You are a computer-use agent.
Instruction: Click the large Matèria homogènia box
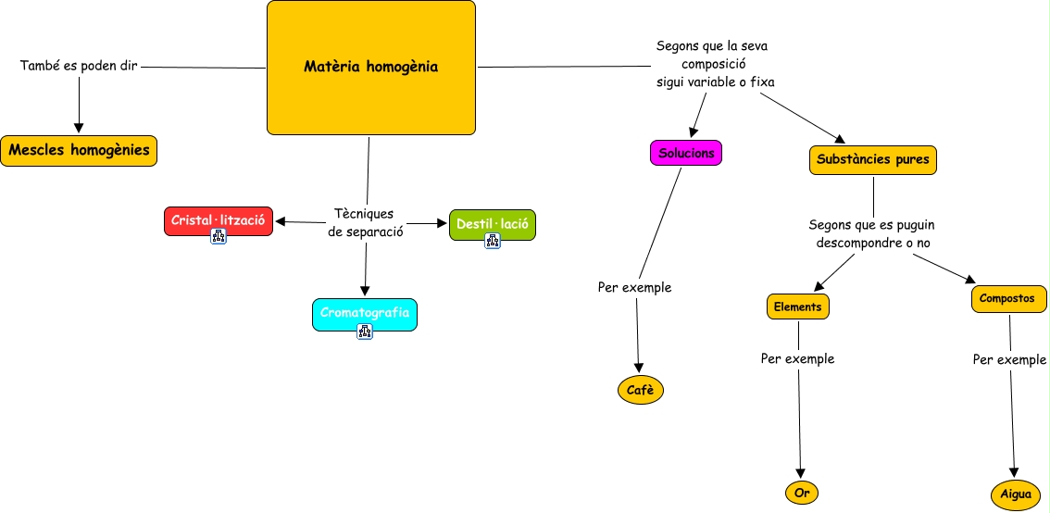tap(370, 67)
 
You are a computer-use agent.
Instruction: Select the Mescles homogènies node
tap(79, 150)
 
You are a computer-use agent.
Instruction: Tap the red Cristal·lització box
tap(219, 220)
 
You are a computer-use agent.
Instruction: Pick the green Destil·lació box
tap(492, 224)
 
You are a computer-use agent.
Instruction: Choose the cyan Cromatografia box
tap(365, 313)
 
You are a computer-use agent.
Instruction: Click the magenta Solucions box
tap(685, 153)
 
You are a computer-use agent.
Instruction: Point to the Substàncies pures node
tap(873, 159)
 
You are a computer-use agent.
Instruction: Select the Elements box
tap(797, 306)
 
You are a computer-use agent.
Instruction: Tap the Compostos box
tap(1008, 299)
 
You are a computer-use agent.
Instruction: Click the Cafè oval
tap(640, 391)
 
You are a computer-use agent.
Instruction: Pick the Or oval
tap(802, 493)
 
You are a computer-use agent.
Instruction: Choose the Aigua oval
tap(1016, 494)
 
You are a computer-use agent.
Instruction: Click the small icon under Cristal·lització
tap(219, 236)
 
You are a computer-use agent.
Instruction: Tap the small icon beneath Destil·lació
tap(493, 241)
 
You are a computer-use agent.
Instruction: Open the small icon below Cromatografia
tap(365, 332)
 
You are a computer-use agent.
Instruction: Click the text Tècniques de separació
tap(366, 223)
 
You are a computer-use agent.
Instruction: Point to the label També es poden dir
tap(79, 67)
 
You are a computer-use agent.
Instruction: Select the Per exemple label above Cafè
tap(634, 287)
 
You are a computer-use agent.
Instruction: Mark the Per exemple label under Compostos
tap(1009, 359)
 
